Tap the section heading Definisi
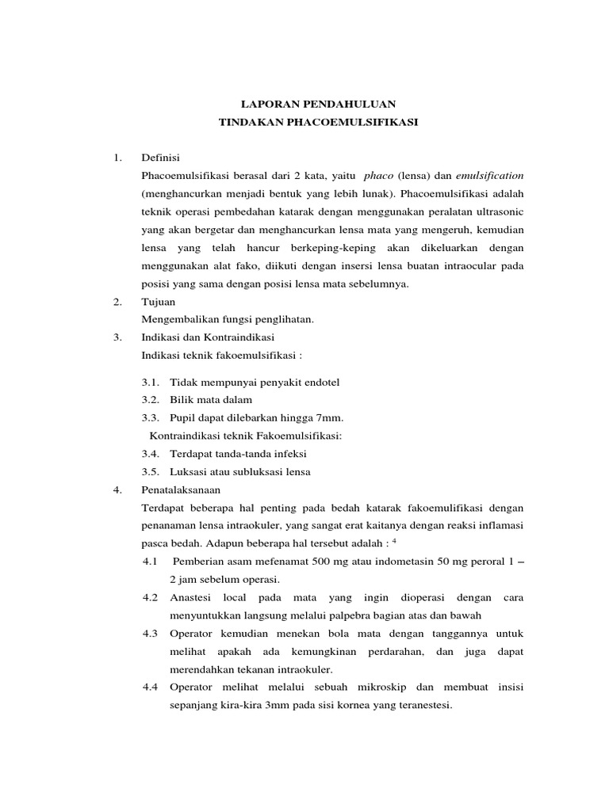click(161, 158)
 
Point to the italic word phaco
click(378, 174)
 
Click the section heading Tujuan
click(158, 302)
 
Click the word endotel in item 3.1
click(320, 383)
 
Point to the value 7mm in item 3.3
click(330, 417)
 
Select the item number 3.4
click(151, 454)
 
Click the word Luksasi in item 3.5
click(188, 471)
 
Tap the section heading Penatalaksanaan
click(180, 489)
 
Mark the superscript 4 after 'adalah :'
click(394, 540)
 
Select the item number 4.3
click(151, 634)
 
